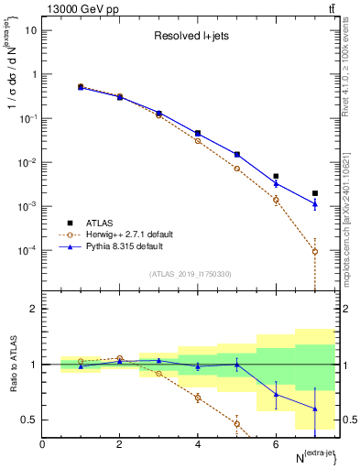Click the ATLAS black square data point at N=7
(x=314, y=193)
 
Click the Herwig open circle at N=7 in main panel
(x=314, y=251)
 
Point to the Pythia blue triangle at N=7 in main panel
(x=314, y=204)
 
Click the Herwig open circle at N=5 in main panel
(x=237, y=169)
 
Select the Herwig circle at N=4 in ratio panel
(x=198, y=398)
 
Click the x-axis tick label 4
(x=198, y=443)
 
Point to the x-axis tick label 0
(x=43, y=443)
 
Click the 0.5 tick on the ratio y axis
(x=29, y=420)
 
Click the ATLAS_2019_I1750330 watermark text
(x=191, y=274)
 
